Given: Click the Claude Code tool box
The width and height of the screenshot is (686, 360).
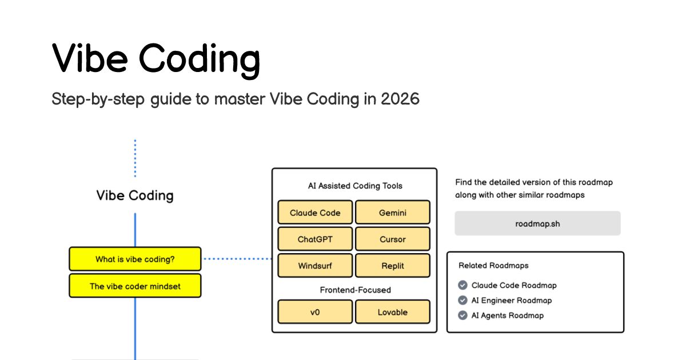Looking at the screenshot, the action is [x=315, y=212].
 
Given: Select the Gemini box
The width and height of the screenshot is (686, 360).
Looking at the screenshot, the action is [x=393, y=212].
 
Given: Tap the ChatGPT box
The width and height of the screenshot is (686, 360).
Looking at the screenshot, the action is [x=315, y=239].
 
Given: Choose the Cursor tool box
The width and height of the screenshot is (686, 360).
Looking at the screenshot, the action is [x=393, y=239].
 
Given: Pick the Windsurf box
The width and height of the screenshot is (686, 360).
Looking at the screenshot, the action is [x=315, y=265].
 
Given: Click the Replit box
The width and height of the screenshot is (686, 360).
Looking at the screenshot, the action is [x=393, y=265].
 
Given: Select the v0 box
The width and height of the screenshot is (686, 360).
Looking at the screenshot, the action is [x=315, y=311].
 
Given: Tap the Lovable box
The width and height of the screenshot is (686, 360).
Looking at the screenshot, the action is [x=393, y=311].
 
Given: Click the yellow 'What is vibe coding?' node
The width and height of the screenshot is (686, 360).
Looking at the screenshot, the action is [x=135, y=259].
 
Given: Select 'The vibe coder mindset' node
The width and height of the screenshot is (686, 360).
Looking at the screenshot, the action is [x=135, y=286].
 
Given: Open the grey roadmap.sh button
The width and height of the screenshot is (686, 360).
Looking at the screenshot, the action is [x=537, y=223].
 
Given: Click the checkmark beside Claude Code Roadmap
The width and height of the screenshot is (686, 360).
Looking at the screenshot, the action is [x=462, y=285].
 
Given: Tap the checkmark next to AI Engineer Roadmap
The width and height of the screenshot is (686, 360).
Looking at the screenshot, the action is [x=462, y=300].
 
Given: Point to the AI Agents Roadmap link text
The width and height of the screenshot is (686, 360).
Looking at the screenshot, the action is [x=508, y=315].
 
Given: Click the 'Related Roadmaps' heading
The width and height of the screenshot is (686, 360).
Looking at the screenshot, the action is [x=493, y=265].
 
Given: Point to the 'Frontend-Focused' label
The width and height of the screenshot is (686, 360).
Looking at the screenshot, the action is [x=355, y=290].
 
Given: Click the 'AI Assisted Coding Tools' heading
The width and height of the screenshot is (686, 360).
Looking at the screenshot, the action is [x=355, y=186].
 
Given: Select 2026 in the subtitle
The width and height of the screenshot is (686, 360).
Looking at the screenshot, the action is [x=400, y=99].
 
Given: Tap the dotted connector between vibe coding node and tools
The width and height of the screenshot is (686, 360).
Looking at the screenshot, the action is [x=237, y=259].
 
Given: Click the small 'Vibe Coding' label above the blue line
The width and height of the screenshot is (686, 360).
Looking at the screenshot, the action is [x=135, y=195].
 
